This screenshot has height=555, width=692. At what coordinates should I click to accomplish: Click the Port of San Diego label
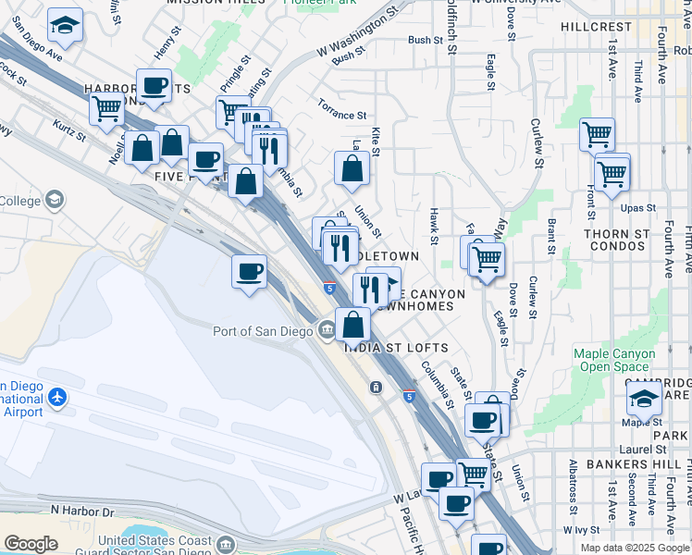tap(263, 331)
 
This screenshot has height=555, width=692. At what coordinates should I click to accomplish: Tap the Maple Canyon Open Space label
tap(614, 360)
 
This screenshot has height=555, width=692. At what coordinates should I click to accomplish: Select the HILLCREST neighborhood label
tap(595, 27)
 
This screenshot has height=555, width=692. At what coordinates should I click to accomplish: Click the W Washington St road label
tap(355, 31)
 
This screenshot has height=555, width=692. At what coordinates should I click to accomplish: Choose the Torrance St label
tap(341, 115)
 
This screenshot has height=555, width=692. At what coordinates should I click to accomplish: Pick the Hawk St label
tap(433, 226)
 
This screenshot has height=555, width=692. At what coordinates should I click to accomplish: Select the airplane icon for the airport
tap(57, 396)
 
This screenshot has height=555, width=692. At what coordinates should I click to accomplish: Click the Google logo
tap(31, 544)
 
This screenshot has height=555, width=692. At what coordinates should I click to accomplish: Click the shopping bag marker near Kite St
tap(352, 168)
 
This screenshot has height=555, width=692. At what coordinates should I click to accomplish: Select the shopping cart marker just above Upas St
tap(612, 172)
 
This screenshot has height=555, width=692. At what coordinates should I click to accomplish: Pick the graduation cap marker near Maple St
tap(644, 399)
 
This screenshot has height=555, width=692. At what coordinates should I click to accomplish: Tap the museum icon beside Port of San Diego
tap(327, 330)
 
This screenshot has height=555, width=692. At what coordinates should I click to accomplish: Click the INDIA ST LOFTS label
tap(396, 348)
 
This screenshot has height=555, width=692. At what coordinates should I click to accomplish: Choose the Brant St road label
tap(551, 237)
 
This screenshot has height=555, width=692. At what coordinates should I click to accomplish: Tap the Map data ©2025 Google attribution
tap(635, 548)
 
